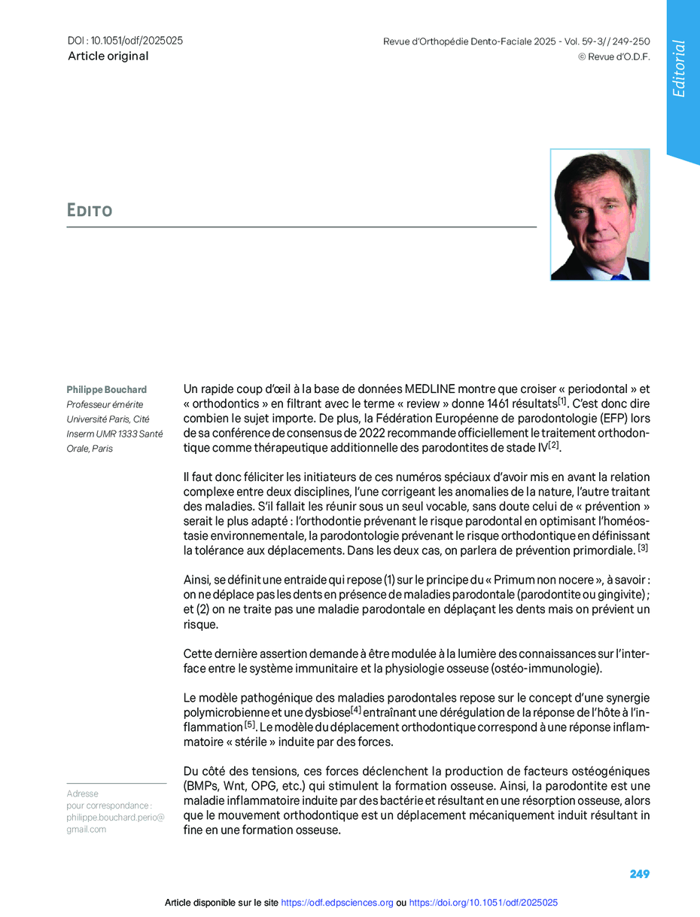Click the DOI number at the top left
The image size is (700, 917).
click(x=125, y=41)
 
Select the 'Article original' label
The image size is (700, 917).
click(x=108, y=56)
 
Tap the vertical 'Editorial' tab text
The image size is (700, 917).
click(x=680, y=69)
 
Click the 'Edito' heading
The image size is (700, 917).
click(x=90, y=210)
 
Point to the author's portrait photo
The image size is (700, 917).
click(x=600, y=215)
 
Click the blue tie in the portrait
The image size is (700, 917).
click(x=619, y=276)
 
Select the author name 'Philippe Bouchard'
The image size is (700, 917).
click(x=107, y=390)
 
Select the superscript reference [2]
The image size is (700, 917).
click(x=554, y=445)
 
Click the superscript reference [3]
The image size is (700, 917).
click(x=643, y=548)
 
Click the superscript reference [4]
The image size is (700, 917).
click(x=356, y=709)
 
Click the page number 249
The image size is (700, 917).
click(x=639, y=874)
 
